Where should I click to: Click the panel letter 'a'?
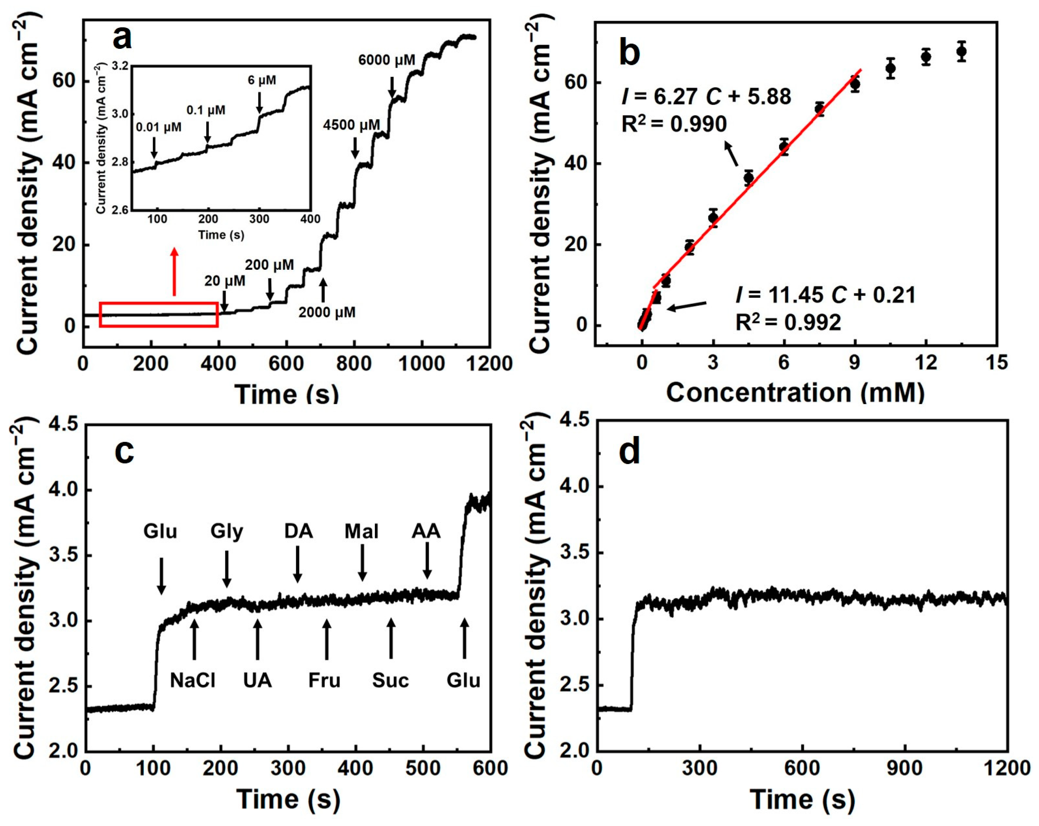122,39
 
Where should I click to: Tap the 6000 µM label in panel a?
387,60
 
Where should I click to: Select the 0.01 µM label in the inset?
159,128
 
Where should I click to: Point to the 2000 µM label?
327,312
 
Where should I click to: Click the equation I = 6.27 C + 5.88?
706,97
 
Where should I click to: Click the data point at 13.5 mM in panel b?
961,52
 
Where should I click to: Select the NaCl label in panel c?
193,680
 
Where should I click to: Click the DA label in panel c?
298,531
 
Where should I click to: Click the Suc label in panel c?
390,680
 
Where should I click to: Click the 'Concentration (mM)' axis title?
795,392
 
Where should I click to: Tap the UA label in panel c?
257,680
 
